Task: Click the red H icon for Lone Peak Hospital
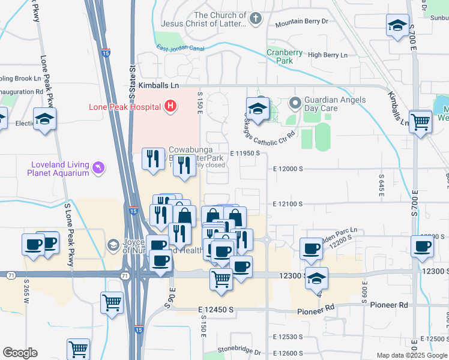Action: tap(170, 107)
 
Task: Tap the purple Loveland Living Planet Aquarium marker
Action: tap(98, 166)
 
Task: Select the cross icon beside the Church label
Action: tap(255, 19)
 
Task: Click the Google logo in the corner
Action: tap(20, 353)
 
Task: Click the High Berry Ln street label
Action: tap(327, 55)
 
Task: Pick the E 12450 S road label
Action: tap(215, 309)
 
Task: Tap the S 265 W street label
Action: tap(27, 289)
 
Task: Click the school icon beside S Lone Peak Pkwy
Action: tap(44, 118)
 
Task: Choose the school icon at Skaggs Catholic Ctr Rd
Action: tap(257, 109)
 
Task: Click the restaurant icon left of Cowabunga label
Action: tap(153, 158)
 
